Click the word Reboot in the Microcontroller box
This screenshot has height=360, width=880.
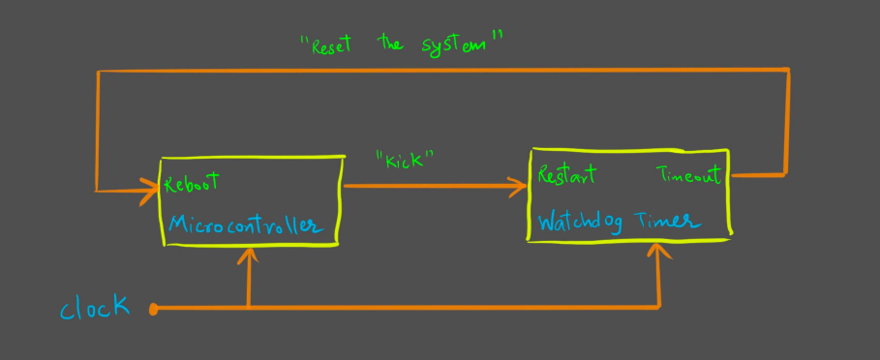pos(193,182)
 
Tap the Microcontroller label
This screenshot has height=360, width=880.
pos(242,224)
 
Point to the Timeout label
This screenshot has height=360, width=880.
pos(689,176)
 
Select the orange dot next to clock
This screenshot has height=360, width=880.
pos(154,309)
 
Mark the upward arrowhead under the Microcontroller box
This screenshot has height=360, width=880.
pos(251,256)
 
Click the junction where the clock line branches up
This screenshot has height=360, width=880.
pos(251,309)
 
